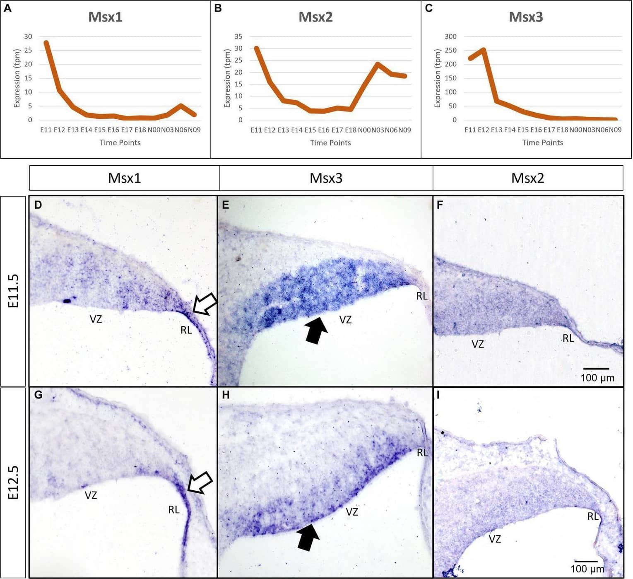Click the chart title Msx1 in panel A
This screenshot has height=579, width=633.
click(105, 17)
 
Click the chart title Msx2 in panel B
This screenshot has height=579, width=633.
click(315, 17)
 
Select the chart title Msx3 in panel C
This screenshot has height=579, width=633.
click(525, 17)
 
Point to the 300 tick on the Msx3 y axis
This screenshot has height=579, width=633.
click(450, 36)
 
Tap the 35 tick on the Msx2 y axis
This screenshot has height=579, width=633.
click(238, 36)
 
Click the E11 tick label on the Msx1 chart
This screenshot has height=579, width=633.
click(46, 130)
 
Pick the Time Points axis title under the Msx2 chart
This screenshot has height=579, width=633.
click(330, 143)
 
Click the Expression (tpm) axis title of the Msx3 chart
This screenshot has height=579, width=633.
click(438, 78)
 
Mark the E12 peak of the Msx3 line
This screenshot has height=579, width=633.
click(483, 49)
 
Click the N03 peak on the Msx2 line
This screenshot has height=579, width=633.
click(377, 64)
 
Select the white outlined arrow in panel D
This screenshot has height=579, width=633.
click(205, 304)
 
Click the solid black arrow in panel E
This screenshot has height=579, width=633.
click(316, 330)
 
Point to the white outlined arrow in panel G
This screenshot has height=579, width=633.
click(200, 483)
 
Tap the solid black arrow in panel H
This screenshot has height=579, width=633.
click(308, 537)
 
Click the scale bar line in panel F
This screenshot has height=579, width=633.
click(596, 368)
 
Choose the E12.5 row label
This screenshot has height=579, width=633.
click(13, 482)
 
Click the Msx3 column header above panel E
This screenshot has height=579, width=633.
click(326, 178)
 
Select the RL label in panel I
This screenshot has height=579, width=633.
click(593, 516)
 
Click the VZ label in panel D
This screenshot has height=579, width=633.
click(96, 319)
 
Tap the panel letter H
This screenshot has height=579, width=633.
click(226, 395)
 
